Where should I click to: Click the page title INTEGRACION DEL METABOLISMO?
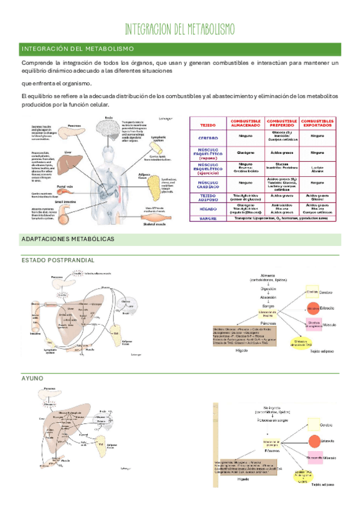180,29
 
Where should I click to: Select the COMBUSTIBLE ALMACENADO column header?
245,123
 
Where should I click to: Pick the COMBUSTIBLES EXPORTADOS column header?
317,123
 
